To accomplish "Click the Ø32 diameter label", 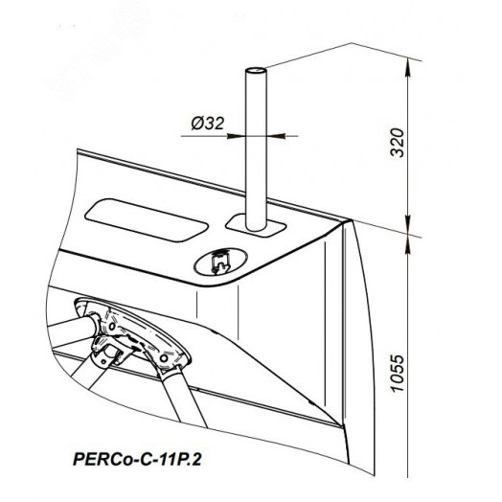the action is click(208, 124).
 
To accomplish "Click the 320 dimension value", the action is click(398, 143).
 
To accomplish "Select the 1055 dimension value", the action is click(398, 373).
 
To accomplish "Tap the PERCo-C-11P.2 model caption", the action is click(137, 460).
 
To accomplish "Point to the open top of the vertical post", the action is click(256, 70).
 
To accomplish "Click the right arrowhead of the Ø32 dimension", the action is click(276, 136).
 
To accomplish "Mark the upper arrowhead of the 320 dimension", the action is click(407, 67).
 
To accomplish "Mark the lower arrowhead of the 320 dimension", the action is click(407, 224).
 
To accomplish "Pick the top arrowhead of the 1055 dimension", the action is click(407, 245).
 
